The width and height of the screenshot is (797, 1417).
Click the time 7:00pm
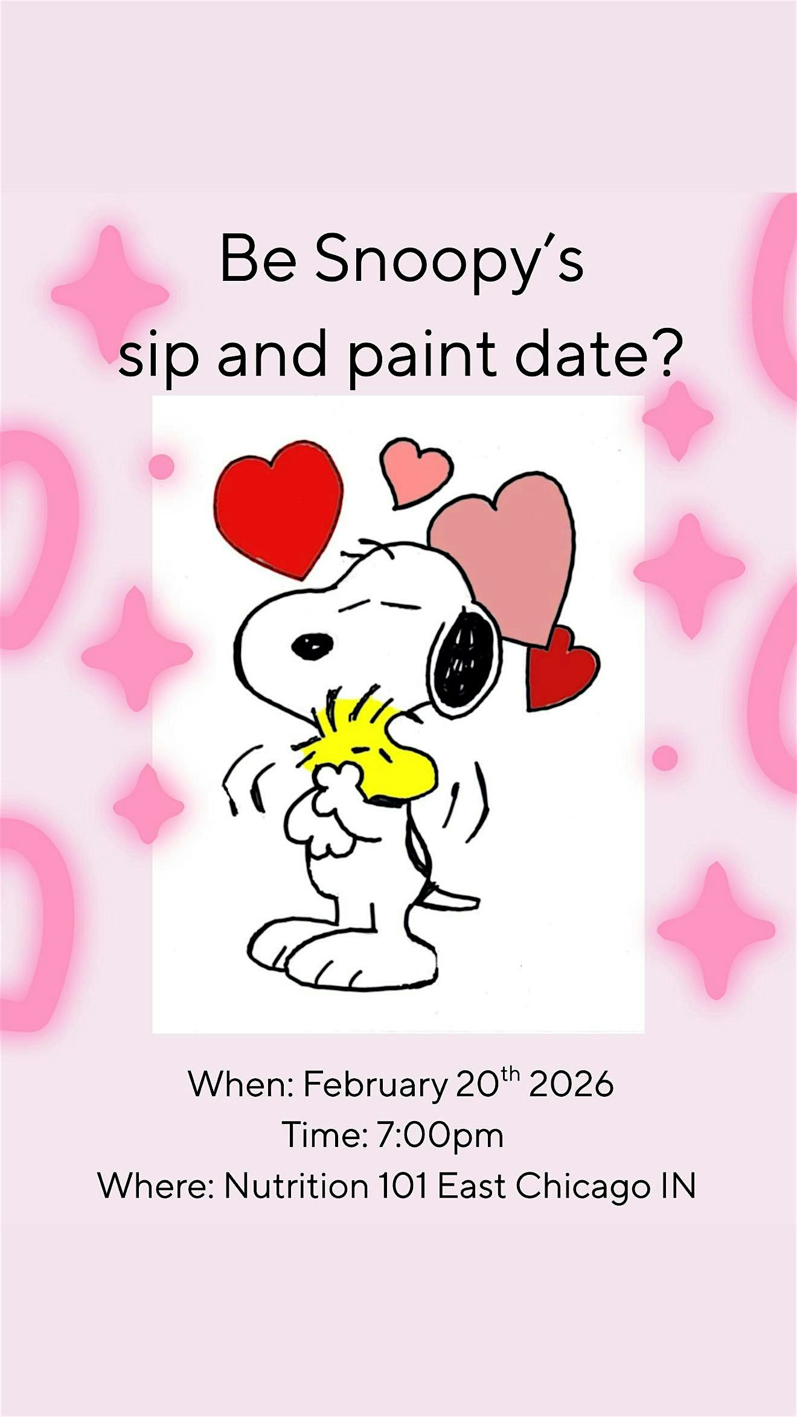(x=440, y=1135)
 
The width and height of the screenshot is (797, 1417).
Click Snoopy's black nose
(x=312, y=646)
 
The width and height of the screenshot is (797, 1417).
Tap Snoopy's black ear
(x=465, y=659)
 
